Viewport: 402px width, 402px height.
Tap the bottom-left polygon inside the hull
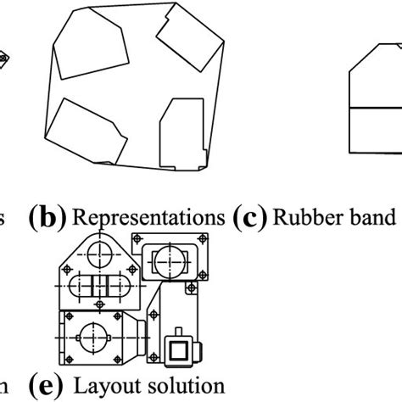85,136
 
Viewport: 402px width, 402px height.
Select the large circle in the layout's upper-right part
175,258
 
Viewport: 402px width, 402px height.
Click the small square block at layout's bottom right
179,349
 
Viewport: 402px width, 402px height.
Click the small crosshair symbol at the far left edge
3,58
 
